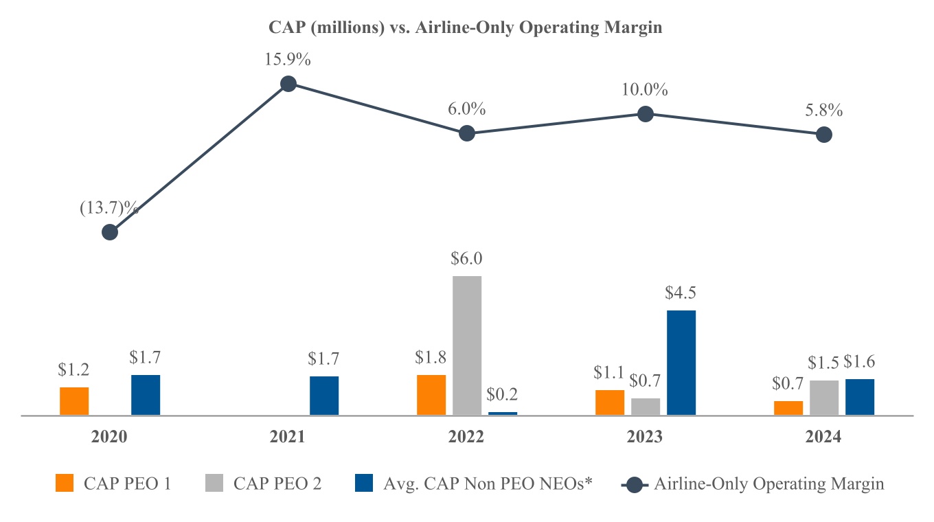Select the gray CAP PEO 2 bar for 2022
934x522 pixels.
pyautogui.click(x=467, y=345)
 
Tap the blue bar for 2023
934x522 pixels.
pyautogui.click(x=681, y=362)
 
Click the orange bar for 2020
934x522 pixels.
pyautogui.click(x=74, y=401)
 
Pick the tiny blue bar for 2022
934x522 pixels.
pyautogui.click(x=503, y=413)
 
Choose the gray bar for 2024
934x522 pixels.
pyautogui.click(x=824, y=398)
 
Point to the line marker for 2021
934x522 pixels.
pyautogui.click(x=288, y=84)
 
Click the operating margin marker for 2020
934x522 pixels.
pyautogui.click(x=110, y=232)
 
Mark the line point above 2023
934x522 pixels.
pyautogui.click(x=645, y=114)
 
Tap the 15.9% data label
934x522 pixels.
pyautogui.click(x=288, y=60)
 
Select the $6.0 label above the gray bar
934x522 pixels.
pyautogui.click(x=467, y=259)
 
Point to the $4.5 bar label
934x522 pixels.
pyautogui.click(x=681, y=293)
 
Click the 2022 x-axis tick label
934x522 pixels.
pyautogui.click(x=467, y=437)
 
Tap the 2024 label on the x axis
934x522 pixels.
pyautogui.click(x=824, y=437)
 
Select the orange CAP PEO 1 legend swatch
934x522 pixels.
pyautogui.click(x=64, y=484)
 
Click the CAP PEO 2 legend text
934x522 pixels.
pyautogui.click(x=277, y=484)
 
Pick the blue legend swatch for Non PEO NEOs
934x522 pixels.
pyautogui.click(x=363, y=484)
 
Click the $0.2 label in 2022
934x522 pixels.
pyautogui.click(x=503, y=395)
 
